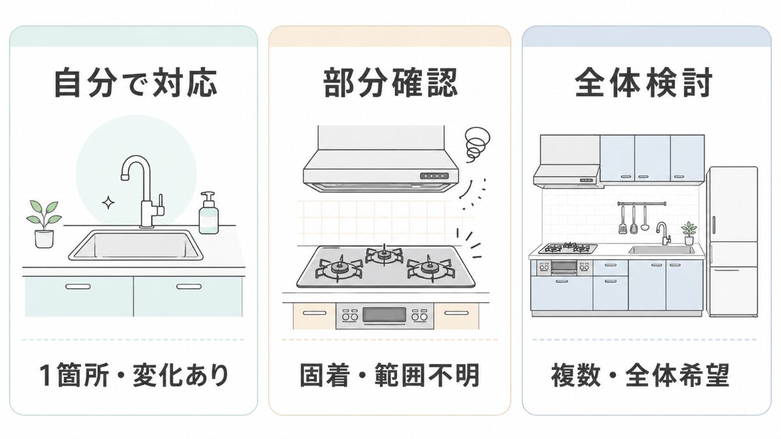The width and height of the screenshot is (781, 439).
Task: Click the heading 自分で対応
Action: (135, 83)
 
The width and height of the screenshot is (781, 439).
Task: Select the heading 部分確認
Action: (390, 83)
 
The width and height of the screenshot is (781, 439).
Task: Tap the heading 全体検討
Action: (644, 83)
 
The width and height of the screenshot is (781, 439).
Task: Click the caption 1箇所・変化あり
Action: (134, 376)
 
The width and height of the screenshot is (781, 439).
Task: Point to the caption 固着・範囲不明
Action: (389, 376)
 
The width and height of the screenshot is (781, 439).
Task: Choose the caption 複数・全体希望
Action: (640, 376)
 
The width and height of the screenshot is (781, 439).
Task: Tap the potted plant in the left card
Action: (44, 224)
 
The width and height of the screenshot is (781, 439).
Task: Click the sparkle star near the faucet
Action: (108, 202)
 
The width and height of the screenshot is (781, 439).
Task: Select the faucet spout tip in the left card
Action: (124, 178)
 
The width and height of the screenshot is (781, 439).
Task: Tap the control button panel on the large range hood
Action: (434, 176)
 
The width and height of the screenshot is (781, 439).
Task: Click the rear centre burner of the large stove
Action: (384, 256)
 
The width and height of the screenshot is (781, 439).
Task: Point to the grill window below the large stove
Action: (384, 315)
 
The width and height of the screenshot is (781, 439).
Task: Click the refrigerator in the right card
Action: (732, 241)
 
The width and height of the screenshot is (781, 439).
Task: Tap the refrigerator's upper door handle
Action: (713, 225)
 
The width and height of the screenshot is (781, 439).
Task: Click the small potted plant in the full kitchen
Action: (689, 233)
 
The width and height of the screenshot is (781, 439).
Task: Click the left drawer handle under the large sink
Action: (77, 287)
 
